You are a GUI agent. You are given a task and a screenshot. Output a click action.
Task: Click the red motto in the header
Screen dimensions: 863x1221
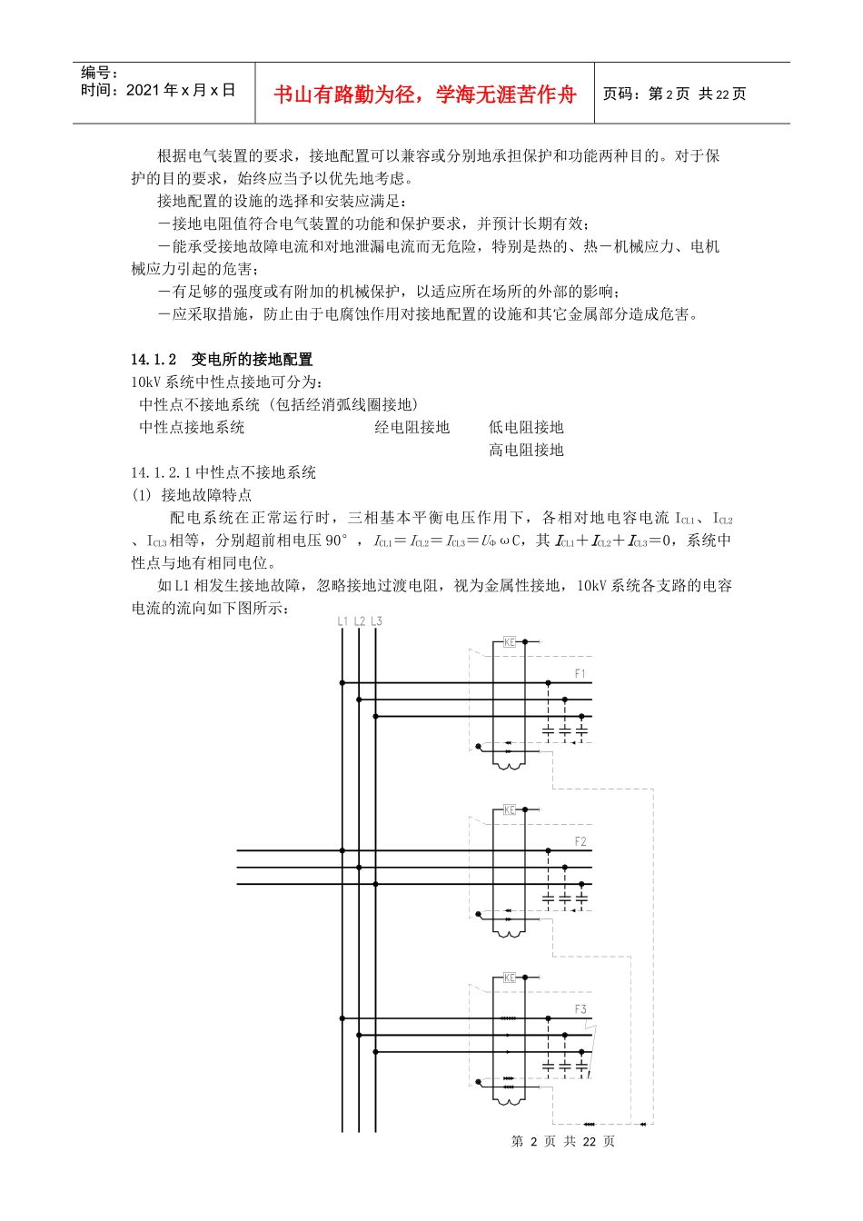(424, 94)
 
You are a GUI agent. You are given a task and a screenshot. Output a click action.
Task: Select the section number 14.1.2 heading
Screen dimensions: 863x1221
(154, 360)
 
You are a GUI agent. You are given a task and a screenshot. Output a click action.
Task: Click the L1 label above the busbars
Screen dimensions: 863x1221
(342, 621)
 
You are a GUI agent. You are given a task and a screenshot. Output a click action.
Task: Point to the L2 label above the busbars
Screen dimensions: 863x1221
(359, 621)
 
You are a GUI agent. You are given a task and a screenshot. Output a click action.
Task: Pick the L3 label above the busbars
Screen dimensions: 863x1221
(376, 621)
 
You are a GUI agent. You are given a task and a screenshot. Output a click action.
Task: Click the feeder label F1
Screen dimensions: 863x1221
(580, 673)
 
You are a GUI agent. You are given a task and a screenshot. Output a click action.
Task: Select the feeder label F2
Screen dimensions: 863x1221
(580, 841)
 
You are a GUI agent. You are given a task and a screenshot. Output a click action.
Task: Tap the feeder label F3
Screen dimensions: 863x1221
(580, 1009)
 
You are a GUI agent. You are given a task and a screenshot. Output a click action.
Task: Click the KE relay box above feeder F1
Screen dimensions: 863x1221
(510, 642)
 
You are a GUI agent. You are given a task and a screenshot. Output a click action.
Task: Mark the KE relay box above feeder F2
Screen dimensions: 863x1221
(510, 809)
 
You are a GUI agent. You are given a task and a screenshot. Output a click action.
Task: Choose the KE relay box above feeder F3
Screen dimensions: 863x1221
(510, 978)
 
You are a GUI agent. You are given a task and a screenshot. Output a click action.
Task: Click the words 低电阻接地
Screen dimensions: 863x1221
(526, 427)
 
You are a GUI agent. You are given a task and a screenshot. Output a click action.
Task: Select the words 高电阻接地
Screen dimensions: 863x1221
(526, 450)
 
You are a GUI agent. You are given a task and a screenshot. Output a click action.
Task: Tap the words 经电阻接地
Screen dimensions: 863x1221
(412, 427)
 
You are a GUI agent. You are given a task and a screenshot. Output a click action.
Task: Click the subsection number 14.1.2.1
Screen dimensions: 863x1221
(161, 472)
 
